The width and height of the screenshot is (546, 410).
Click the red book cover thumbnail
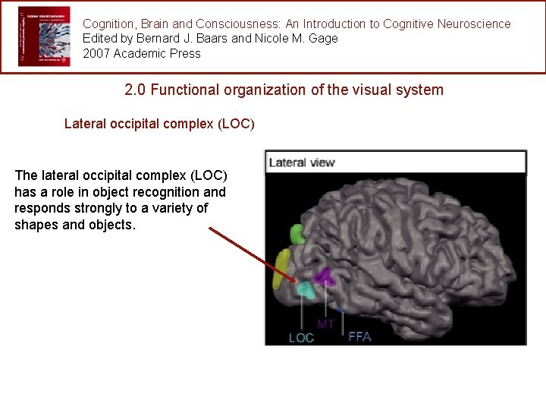pyautogui.click(x=44, y=36)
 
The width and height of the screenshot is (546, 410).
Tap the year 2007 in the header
pyautogui.click(x=96, y=53)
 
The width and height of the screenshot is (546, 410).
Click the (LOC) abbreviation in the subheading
pyautogui.click(x=236, y=123)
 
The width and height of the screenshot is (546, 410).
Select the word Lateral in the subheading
pyautogui.click(x=85, y=123)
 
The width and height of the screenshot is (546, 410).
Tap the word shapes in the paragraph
pyautogui.click(x=34, y=224)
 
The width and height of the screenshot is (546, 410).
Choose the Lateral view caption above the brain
pyautogui.click(x=302, y=162)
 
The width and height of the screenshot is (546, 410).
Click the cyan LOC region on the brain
pyautogui.click(x=305, y=289)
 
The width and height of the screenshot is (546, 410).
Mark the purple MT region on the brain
pyautogui.click(x=325, y=276)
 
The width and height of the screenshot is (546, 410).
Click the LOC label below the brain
pyautogui.click(x=301, y=337)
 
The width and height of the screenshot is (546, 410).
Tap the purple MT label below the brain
pyautogui.click(x=326, y=324)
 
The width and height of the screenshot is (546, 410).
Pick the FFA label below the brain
pyautogui.click(x=359, y=336)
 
